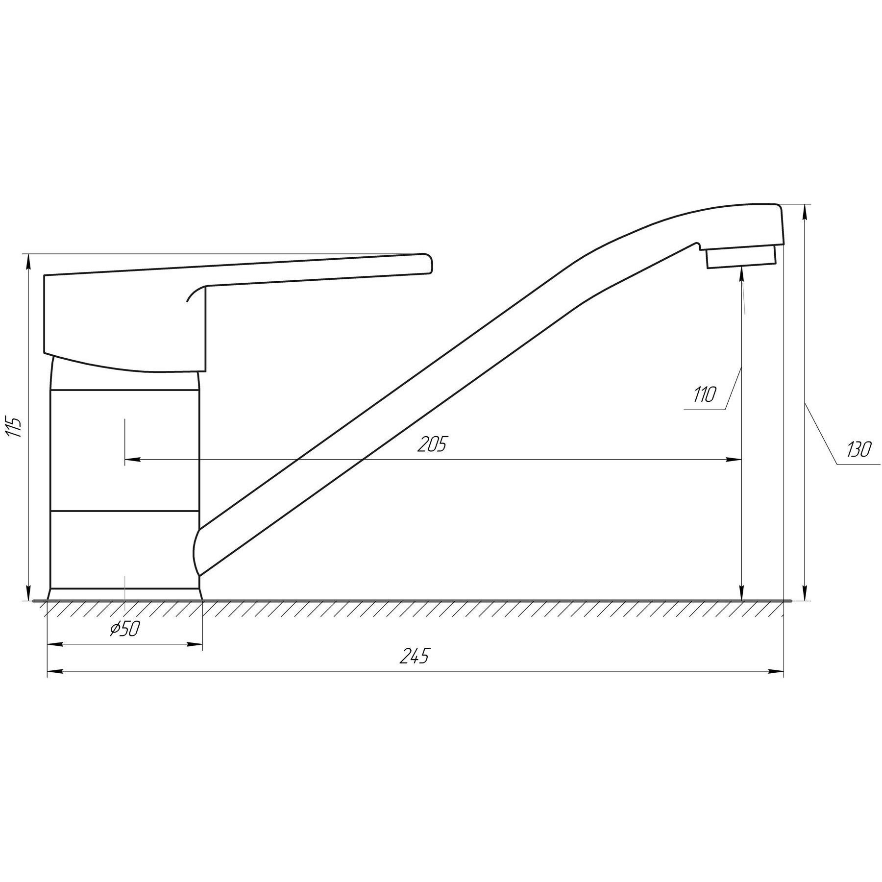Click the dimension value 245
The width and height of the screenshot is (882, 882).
414,656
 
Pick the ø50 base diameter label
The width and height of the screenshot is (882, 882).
125,629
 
